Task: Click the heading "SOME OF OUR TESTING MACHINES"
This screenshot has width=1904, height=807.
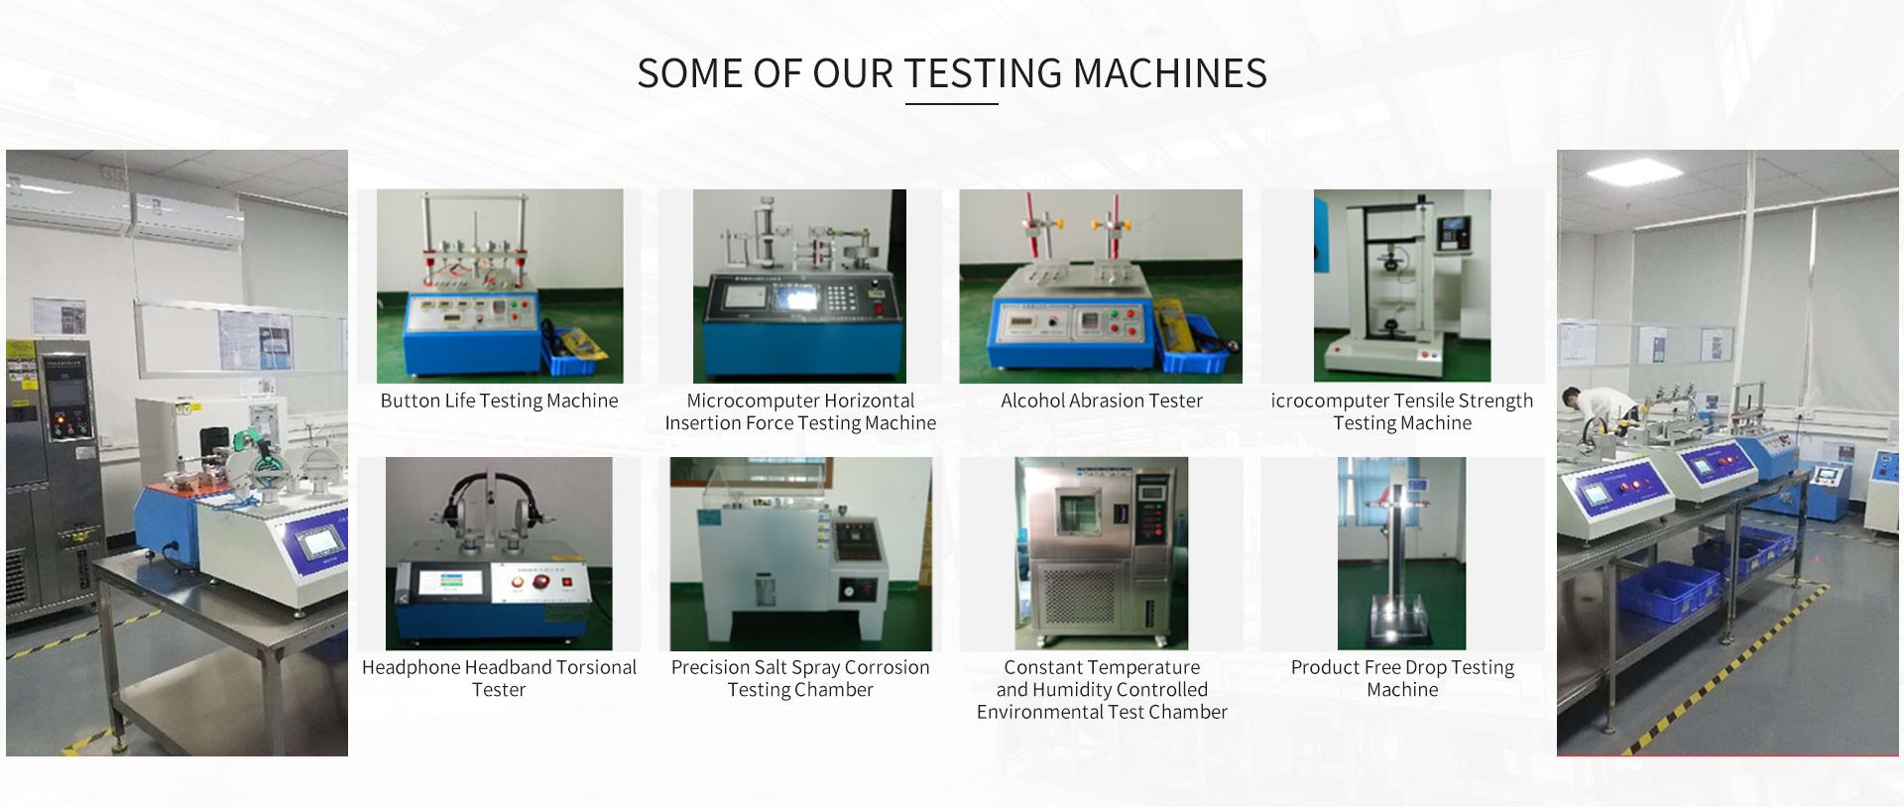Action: pos(952,73)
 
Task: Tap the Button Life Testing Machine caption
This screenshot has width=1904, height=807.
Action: pos(499,401)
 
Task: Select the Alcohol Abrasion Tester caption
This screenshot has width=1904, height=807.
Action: pos(1101,401)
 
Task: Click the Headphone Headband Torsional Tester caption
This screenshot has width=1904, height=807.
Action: pos(499,678)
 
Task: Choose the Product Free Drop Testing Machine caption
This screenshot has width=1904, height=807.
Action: pos(1402,678)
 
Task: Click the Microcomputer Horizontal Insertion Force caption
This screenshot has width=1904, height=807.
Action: pos(800,411)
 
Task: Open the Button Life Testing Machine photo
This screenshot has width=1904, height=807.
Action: pos(500,286)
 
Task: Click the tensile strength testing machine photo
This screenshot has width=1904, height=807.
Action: pos(1402,286)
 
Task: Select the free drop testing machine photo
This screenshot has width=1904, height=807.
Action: pos(1401,553)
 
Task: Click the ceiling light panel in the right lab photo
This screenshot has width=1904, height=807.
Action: pos(1634,173)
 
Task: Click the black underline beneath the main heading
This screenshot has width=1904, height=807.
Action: pos(952,103)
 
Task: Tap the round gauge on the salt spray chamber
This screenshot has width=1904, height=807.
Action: pos(850,591)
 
